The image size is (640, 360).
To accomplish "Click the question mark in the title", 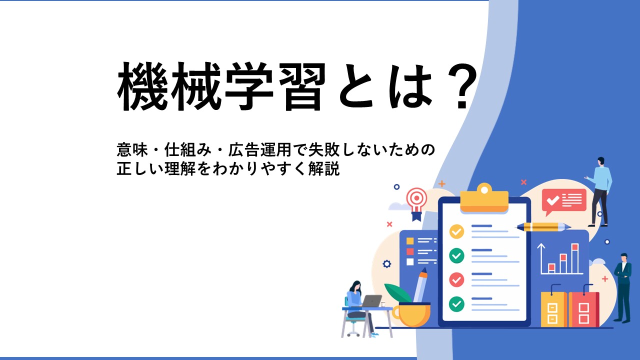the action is click(x=462, y=86).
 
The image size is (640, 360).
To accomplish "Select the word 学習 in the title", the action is click(x=275, y=86).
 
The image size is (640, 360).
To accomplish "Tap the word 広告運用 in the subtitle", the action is click(x=259, y=149).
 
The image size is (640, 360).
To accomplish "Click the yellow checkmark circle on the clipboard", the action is click(x=456, y=231).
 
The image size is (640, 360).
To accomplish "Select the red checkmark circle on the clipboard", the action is click(x=456, y=279).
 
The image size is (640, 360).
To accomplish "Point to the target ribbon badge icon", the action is click(x=417, y=203).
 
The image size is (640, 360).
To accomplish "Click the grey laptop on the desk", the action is click(x=371, y=301).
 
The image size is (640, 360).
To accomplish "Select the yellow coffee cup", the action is click(x=411, y=315).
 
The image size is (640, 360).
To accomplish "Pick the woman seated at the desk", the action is click(x=358, y=307).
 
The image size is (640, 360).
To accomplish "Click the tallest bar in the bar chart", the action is click(x=575, y=258).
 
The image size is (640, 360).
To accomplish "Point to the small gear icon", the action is click(x=387, y=263).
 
